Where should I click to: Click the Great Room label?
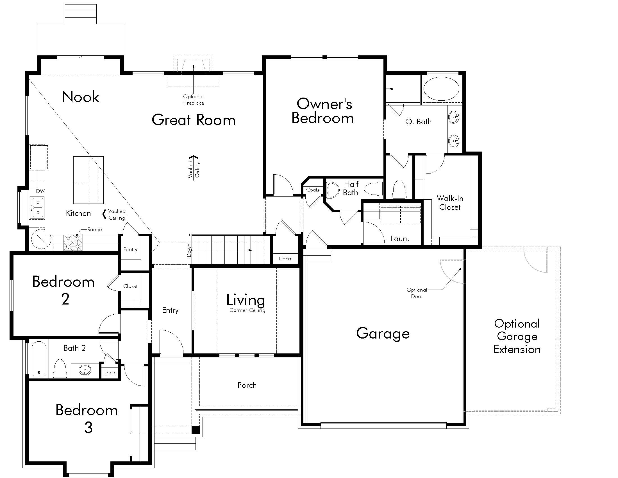194,120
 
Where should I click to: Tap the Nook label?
81,96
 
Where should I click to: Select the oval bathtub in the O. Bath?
441,89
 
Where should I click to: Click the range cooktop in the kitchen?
73,242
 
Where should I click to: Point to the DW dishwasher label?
40,191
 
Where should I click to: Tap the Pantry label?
130,249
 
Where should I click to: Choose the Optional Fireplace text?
194,100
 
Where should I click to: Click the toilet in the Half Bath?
373,189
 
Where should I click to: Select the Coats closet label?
313,190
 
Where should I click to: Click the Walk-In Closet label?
450,203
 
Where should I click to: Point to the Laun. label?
400,239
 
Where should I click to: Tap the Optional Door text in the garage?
417,293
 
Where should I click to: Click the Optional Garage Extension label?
517,336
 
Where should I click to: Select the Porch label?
247,385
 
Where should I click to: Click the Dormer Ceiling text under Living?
247,310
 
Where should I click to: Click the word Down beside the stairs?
189,250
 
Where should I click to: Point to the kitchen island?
88,180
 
